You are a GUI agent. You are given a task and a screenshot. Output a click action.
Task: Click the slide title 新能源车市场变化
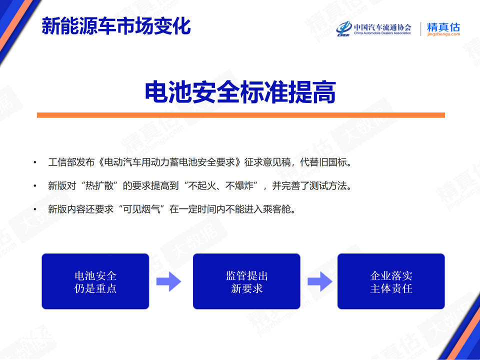tap(116, 25)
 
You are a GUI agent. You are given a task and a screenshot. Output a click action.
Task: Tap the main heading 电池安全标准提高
tap(240, 92)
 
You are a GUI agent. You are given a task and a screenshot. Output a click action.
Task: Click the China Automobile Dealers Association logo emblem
tap(344, 28)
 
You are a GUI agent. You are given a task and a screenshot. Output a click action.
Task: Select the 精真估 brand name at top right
tap(443, 27)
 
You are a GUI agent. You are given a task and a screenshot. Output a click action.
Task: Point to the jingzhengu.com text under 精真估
tap(443, 34)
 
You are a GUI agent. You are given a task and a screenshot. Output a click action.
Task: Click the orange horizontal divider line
tap(241, 115)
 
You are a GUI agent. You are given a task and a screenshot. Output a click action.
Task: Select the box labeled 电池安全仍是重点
tap(95, 281)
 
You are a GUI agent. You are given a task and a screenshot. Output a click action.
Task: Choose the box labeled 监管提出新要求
tap(246, 281)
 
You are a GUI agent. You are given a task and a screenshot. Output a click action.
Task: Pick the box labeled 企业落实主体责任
tap(391, 281)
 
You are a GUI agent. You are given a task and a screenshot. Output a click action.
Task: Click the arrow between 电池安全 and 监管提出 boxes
tap(168, 281)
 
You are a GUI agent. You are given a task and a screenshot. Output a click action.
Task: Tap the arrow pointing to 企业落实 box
tap(320, 281)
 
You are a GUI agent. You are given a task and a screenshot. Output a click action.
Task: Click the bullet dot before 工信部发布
tap(35, 162)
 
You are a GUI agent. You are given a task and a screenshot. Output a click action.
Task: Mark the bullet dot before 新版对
tap(35, 186)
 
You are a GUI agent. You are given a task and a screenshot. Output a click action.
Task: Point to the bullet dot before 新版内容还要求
tap(35, 209)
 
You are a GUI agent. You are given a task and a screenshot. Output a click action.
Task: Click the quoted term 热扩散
tap(100, 186)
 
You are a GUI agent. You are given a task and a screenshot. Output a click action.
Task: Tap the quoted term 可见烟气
tap(141, 209)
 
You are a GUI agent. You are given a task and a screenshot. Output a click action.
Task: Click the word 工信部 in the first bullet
tap(62, 162)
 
